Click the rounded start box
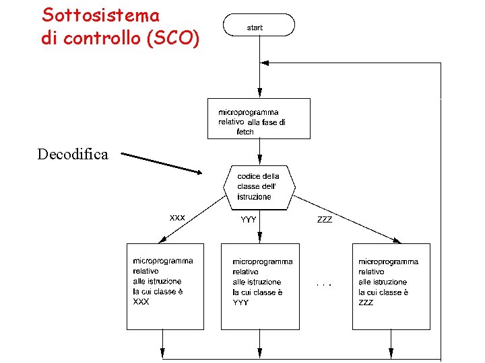[259, 26]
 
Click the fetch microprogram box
[259, 118]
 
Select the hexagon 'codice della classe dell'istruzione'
[259, 186]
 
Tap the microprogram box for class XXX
[165, 286]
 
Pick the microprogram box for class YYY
[259, 286]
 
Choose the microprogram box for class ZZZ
[391, 286]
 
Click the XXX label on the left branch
[177, 217]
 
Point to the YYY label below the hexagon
[249, 219]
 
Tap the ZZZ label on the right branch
[325, 219]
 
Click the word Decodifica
[73, 155]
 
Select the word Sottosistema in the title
[101, 15]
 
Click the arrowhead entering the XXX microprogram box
[162, 240]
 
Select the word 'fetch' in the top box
[245, 132]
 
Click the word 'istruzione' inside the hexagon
[254, 197]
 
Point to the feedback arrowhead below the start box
[265, 63]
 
